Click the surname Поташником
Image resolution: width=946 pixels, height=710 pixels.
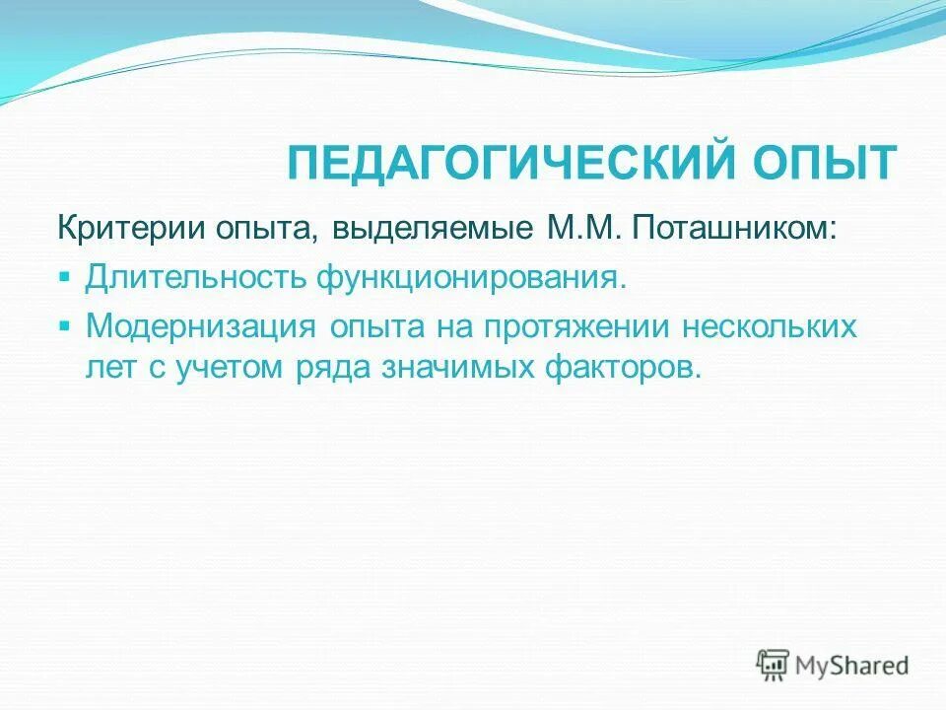point(736,229)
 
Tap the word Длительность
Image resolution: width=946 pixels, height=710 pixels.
point(196,277)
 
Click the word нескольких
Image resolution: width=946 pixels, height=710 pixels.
point(775,326)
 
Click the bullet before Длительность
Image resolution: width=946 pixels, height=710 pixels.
point(64,276)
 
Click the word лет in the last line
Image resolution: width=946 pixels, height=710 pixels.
point(112,367)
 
